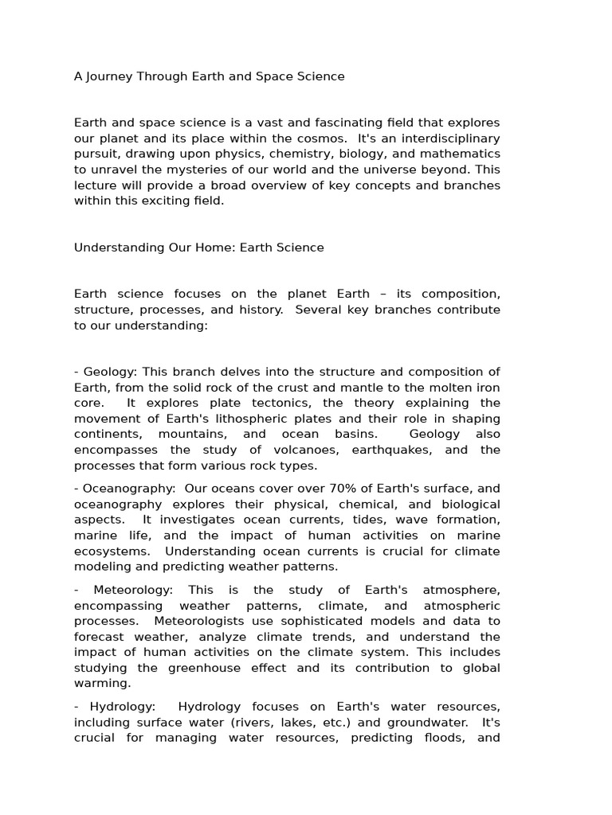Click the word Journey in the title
109,77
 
